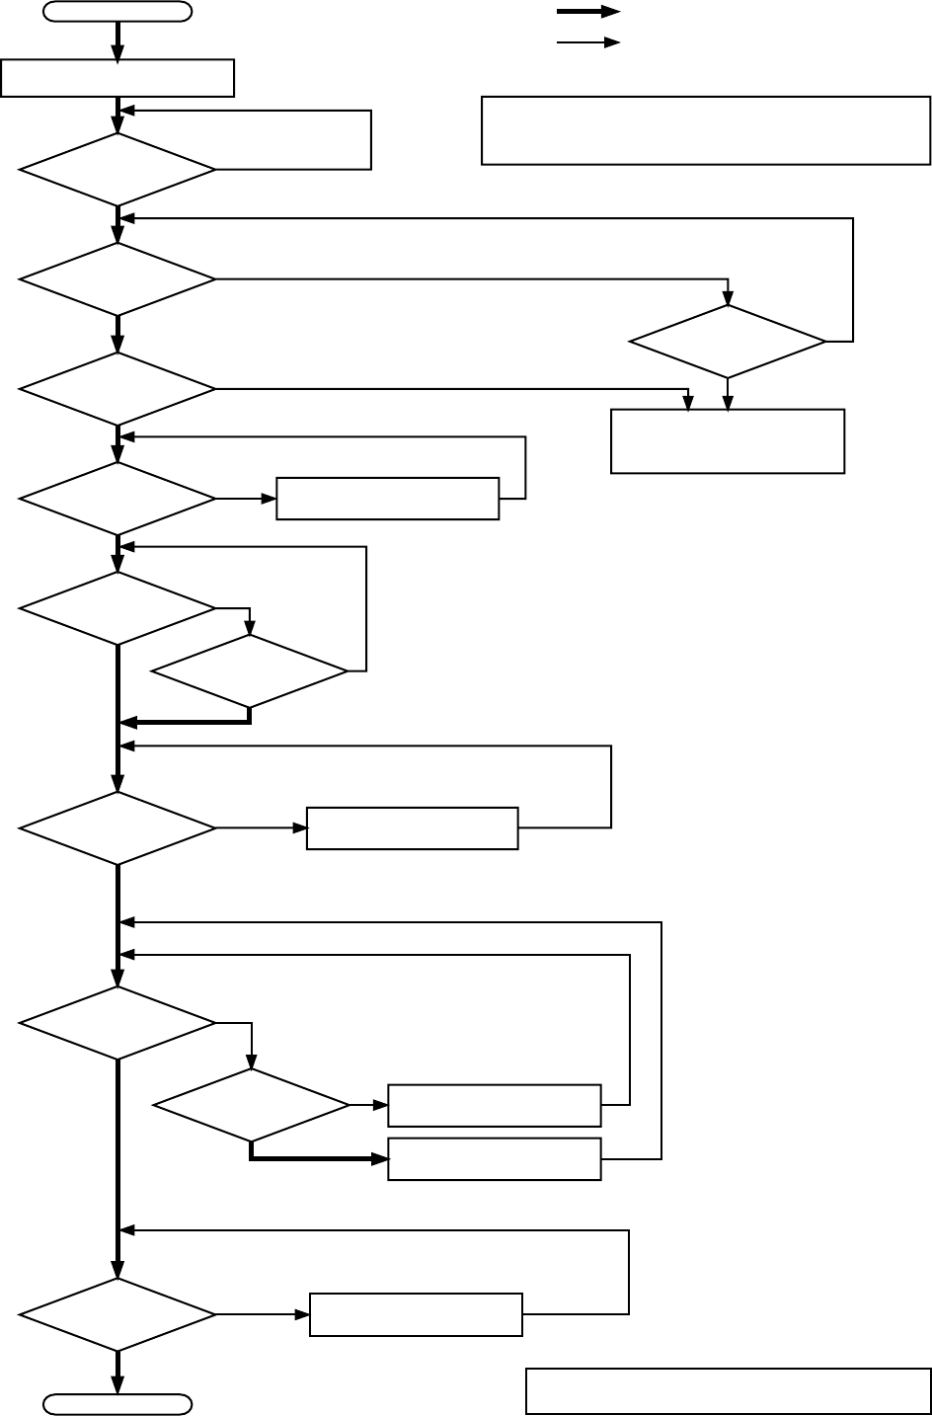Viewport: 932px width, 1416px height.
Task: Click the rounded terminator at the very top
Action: [x=117, y=12]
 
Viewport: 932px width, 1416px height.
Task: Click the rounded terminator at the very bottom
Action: [x=117, y=1403]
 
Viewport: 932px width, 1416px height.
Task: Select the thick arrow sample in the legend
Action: [x=588, y=12]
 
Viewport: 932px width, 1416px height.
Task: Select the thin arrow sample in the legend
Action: [x=588, y=42]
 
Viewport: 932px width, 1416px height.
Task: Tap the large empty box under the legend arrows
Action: [x=706, y=129]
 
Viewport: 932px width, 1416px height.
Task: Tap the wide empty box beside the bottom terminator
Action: [x=728, y=1390]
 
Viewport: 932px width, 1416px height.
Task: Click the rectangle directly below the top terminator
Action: [x=117, y=78]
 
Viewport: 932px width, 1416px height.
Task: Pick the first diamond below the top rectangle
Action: [x=117, y=170]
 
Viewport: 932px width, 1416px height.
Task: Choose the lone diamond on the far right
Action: [x=728, y=342]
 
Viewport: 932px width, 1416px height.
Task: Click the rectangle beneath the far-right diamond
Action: [x=728, y=441]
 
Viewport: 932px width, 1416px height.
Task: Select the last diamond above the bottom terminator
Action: [x=117, y=1314]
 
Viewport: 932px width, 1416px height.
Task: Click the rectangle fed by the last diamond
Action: [x=416, y=1314]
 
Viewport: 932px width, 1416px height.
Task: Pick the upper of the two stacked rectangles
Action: [x=495, y=1105]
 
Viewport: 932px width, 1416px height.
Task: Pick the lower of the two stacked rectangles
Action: [x=495, y=1158]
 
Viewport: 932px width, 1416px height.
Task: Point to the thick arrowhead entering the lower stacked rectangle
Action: [x=380, y=1158]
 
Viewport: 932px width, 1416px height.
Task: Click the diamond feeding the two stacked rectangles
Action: [x=252, y=1106]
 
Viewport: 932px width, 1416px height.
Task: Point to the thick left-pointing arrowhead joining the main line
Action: [x=126, y=723]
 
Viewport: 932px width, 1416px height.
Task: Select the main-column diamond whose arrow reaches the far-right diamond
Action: [x=117, y=279]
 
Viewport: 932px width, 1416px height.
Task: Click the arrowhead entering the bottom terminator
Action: [x=117, y=1385]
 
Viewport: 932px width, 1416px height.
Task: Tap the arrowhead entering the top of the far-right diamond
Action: [x=728, y=297]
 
